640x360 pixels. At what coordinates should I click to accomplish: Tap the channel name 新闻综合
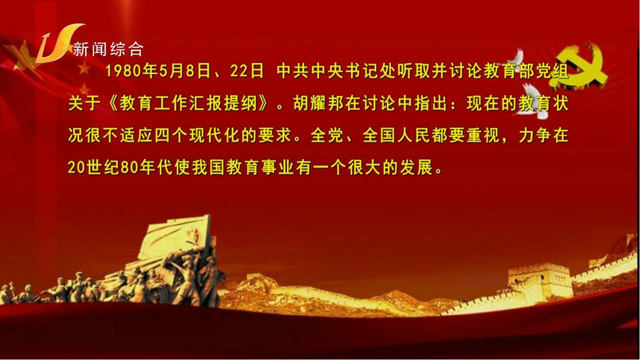click(x=108, y=49)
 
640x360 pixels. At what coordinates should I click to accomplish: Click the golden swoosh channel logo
click(x=59, y=43)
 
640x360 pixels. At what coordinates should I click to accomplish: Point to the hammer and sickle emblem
click(x=581, y=67)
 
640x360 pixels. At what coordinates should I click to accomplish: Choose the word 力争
click(x=535, y=135)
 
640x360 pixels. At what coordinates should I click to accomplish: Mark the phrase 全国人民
click(x=396, y=135)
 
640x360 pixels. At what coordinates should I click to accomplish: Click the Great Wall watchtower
click(x=540, y=283)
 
